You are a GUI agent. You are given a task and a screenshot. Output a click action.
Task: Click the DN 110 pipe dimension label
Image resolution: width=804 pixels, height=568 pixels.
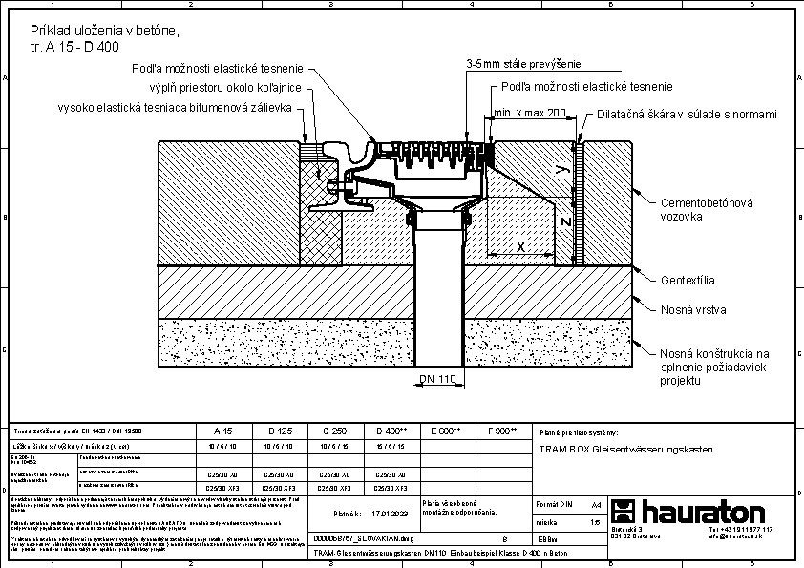(x=438, y=379)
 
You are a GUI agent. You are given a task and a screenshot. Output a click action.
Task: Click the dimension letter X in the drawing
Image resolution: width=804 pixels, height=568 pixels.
(x=520, y=246)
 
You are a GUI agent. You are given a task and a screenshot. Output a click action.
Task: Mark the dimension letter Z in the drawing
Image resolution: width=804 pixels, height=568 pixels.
(x=565, y=222)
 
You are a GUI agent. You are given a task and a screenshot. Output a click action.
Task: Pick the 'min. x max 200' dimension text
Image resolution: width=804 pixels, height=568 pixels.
(x=530, y=113)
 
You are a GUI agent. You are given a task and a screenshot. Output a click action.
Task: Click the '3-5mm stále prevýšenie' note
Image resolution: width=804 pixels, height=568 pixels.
(x=523, y=64)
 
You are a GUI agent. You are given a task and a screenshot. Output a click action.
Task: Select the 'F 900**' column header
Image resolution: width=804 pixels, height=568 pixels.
(x=501, y=431)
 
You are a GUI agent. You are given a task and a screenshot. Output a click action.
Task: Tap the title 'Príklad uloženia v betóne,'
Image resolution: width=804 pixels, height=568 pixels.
(x=104, y=32)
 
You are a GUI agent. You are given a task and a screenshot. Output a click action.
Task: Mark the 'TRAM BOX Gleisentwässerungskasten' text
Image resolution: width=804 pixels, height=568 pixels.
(x=626, y=449)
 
